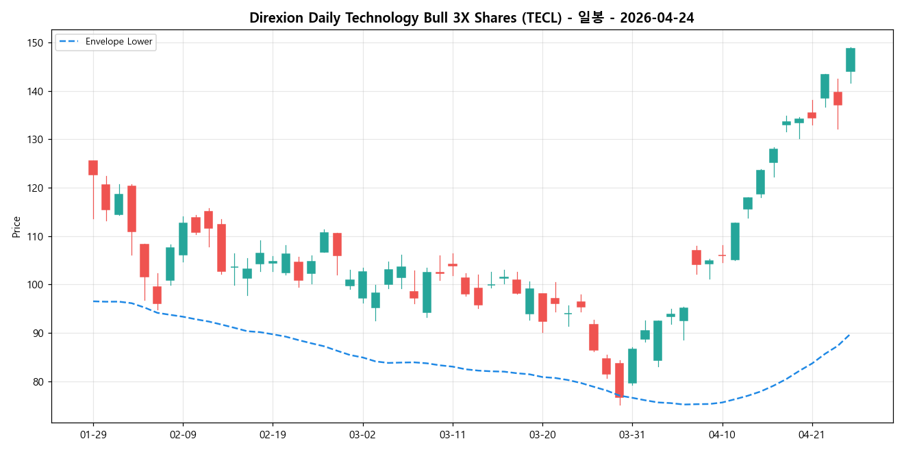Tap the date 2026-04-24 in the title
click(657, 18)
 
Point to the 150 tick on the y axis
click(35, 43)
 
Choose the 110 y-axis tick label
click(35, 237)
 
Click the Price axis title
click(16, 227)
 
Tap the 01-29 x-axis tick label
click(93, 434)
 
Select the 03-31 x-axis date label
click(632, 434)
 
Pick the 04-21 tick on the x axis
click(812, 434)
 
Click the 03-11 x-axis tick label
click(452, 434)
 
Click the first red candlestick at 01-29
click(93, 168)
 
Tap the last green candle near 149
click(851, 60)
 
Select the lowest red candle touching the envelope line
click(619, 380)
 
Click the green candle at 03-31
click(632, 366)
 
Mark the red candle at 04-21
click(812, 115)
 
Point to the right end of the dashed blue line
click(850, 334)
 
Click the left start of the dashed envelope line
click(94, 301)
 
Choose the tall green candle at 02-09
click(183, 239)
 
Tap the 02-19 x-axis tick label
click(273, 434)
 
